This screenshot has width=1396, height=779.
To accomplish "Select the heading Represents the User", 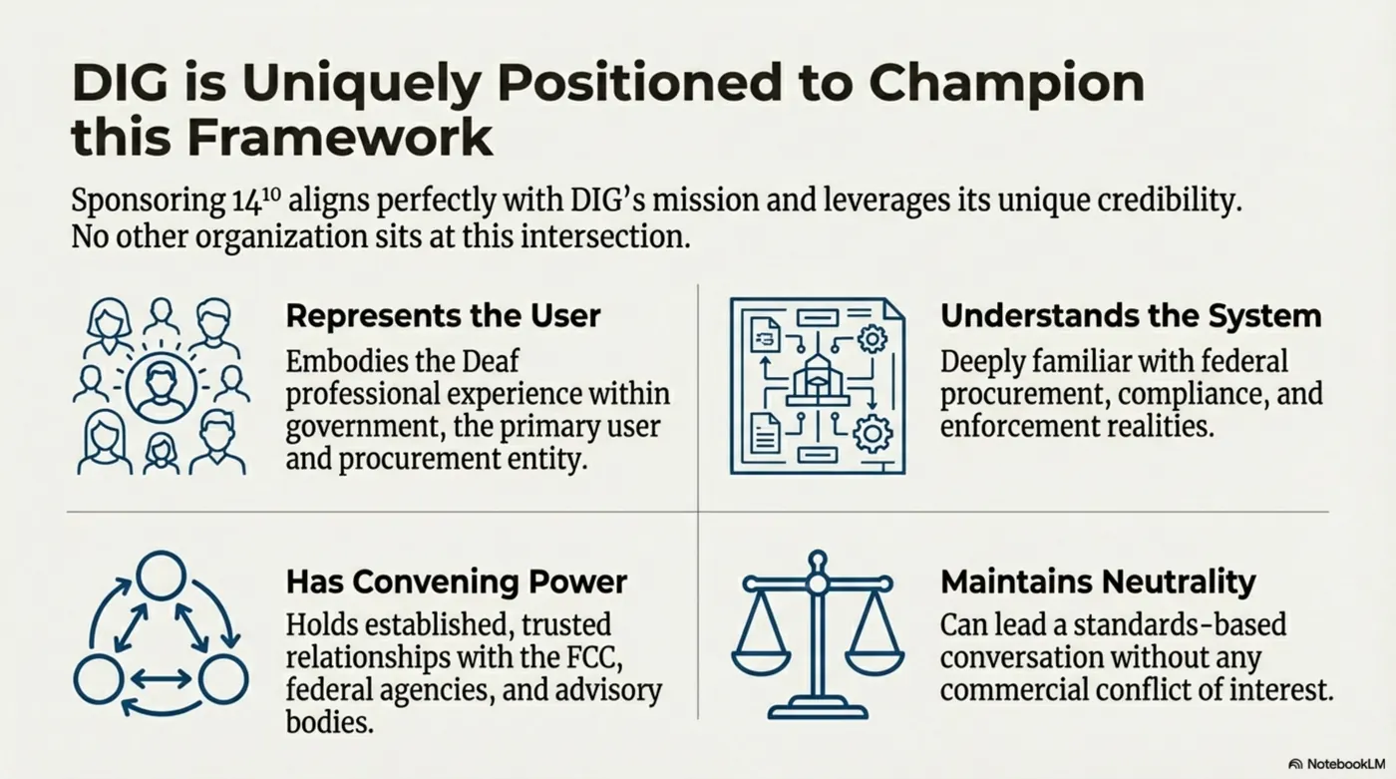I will click(x=443, y=316).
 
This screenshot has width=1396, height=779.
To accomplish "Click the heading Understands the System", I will click(x=1130, y=316).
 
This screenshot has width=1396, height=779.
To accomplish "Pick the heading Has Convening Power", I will click(x=457, y=581).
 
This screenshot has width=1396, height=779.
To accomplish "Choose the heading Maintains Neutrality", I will click(x=1097, y=581).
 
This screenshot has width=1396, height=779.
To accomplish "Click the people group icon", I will click(x=161, y=385).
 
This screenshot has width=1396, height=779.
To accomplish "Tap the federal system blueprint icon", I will click(x=817, y=385).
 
